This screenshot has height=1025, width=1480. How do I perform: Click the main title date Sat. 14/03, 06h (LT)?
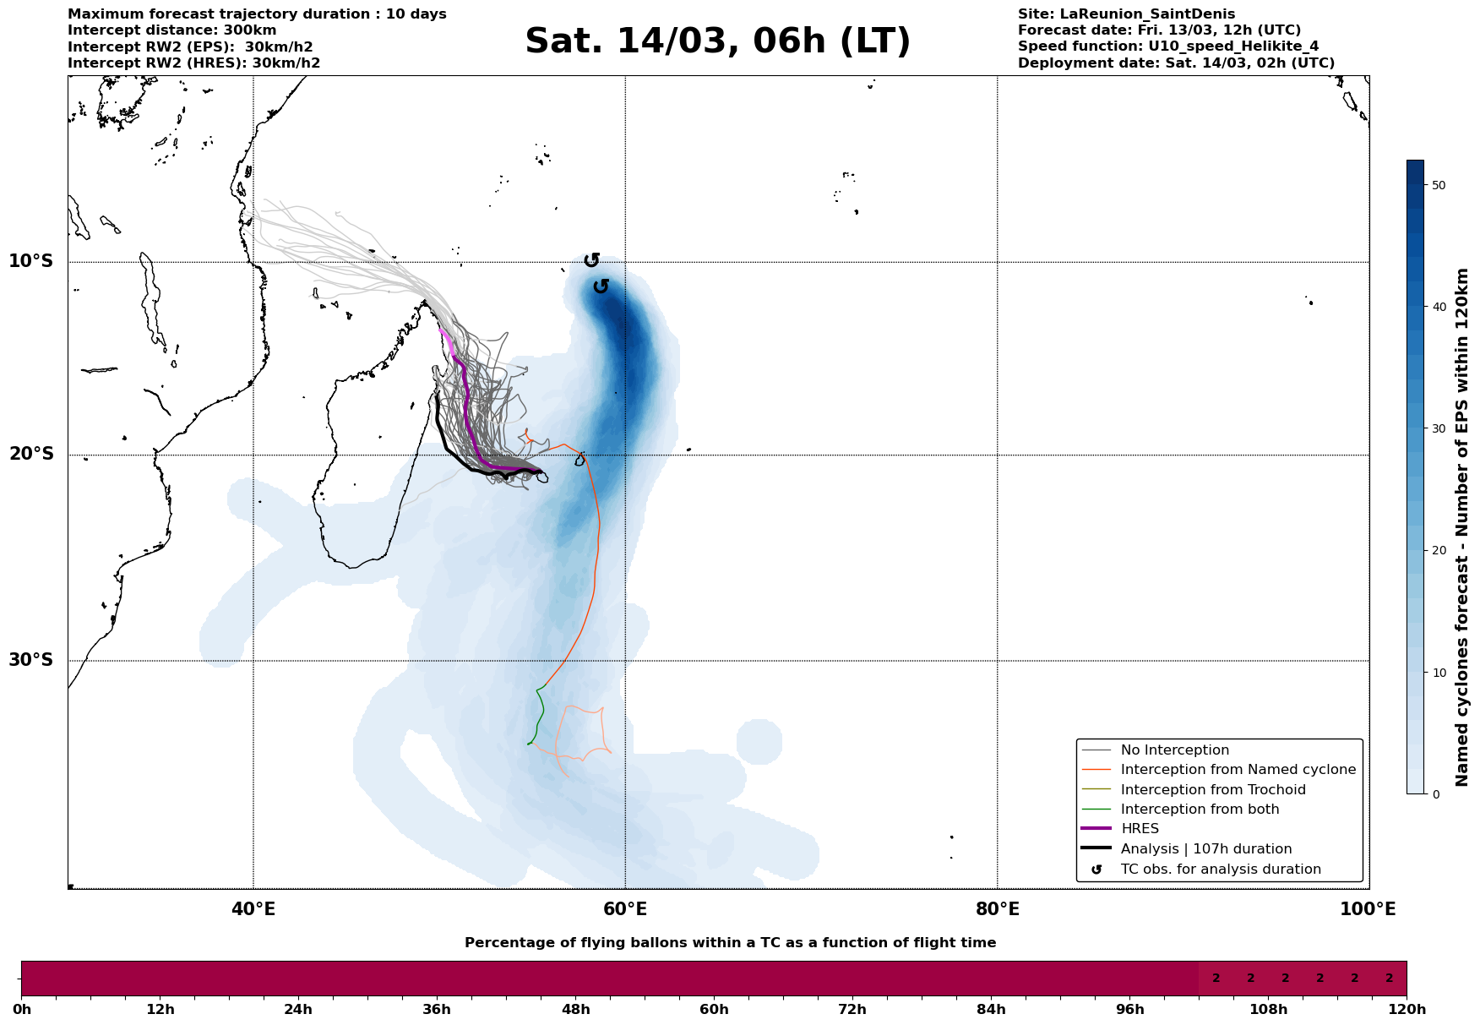718,42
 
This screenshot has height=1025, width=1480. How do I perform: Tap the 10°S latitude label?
31,261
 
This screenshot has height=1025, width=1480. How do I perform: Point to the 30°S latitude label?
31,660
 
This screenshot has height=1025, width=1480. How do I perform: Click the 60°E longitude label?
625,909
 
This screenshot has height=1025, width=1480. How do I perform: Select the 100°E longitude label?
1368,909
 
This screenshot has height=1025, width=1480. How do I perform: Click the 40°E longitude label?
253,909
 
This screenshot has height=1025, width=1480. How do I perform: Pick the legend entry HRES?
1140,829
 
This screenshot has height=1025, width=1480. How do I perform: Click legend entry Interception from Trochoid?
1213,790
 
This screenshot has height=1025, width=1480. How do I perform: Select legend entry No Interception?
1174,750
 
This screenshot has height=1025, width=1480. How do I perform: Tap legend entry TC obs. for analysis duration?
1221,870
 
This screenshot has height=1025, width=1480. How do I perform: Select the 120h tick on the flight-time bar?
1407,1010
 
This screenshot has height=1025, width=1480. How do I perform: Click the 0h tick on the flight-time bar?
21,1010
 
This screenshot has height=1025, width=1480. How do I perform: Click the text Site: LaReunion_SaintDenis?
1126,14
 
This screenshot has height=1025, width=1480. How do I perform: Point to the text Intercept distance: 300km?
172,30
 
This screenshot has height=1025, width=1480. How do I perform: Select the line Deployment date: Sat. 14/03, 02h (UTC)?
1176,63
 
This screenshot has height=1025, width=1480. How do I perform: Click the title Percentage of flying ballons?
730,943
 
